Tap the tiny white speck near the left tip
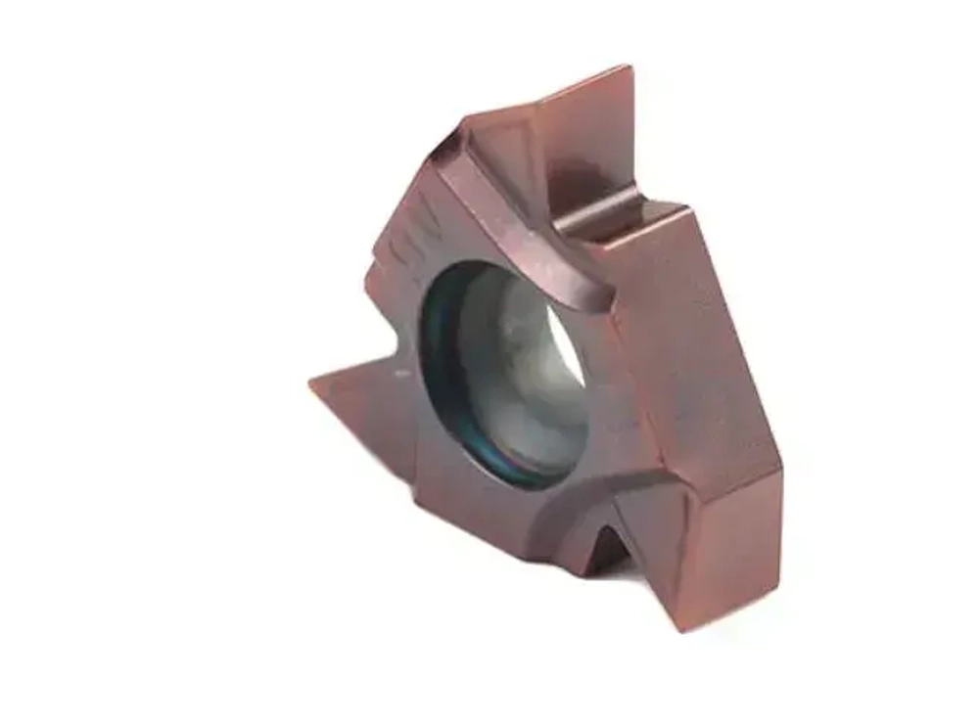click(400, 373)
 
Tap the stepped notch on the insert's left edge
click(378, 284)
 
